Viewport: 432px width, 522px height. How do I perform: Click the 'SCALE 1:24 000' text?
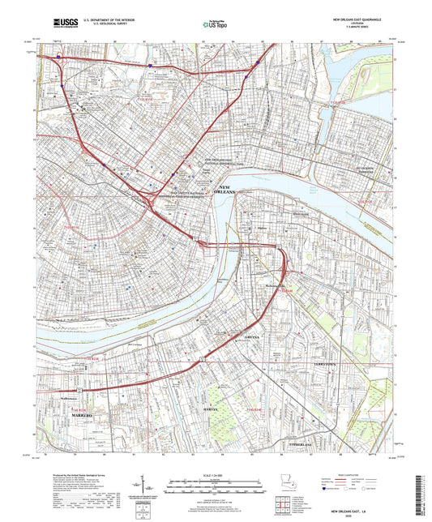[216, 474]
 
